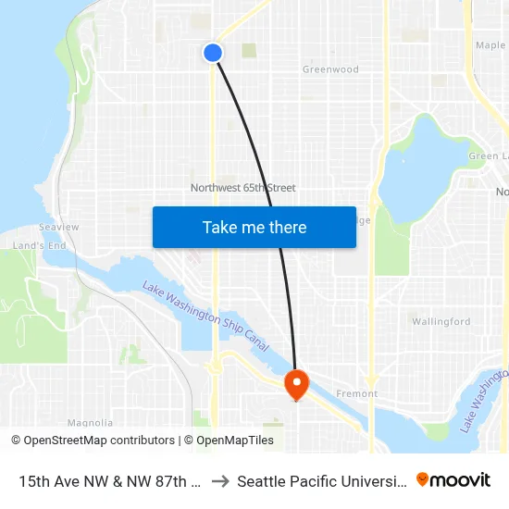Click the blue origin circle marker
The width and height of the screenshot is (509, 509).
[213, 53]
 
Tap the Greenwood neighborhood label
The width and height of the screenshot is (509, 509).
[330, 69]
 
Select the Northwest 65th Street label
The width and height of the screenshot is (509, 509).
[242, 188]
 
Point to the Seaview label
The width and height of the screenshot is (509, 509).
[58, 227]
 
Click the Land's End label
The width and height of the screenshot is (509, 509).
[39, 245]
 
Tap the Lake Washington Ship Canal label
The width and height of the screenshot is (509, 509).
[205, 316]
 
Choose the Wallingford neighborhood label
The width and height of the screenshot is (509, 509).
[441, 322]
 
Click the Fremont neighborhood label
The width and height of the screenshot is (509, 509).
[357, 393]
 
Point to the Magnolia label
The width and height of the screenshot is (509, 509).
[90, 423]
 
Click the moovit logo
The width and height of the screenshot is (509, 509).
[453, 479]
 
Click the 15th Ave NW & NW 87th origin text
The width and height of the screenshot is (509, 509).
[110, 480]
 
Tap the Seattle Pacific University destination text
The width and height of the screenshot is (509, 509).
[321, 480]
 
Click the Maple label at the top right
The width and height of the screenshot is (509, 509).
[490, 44]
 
